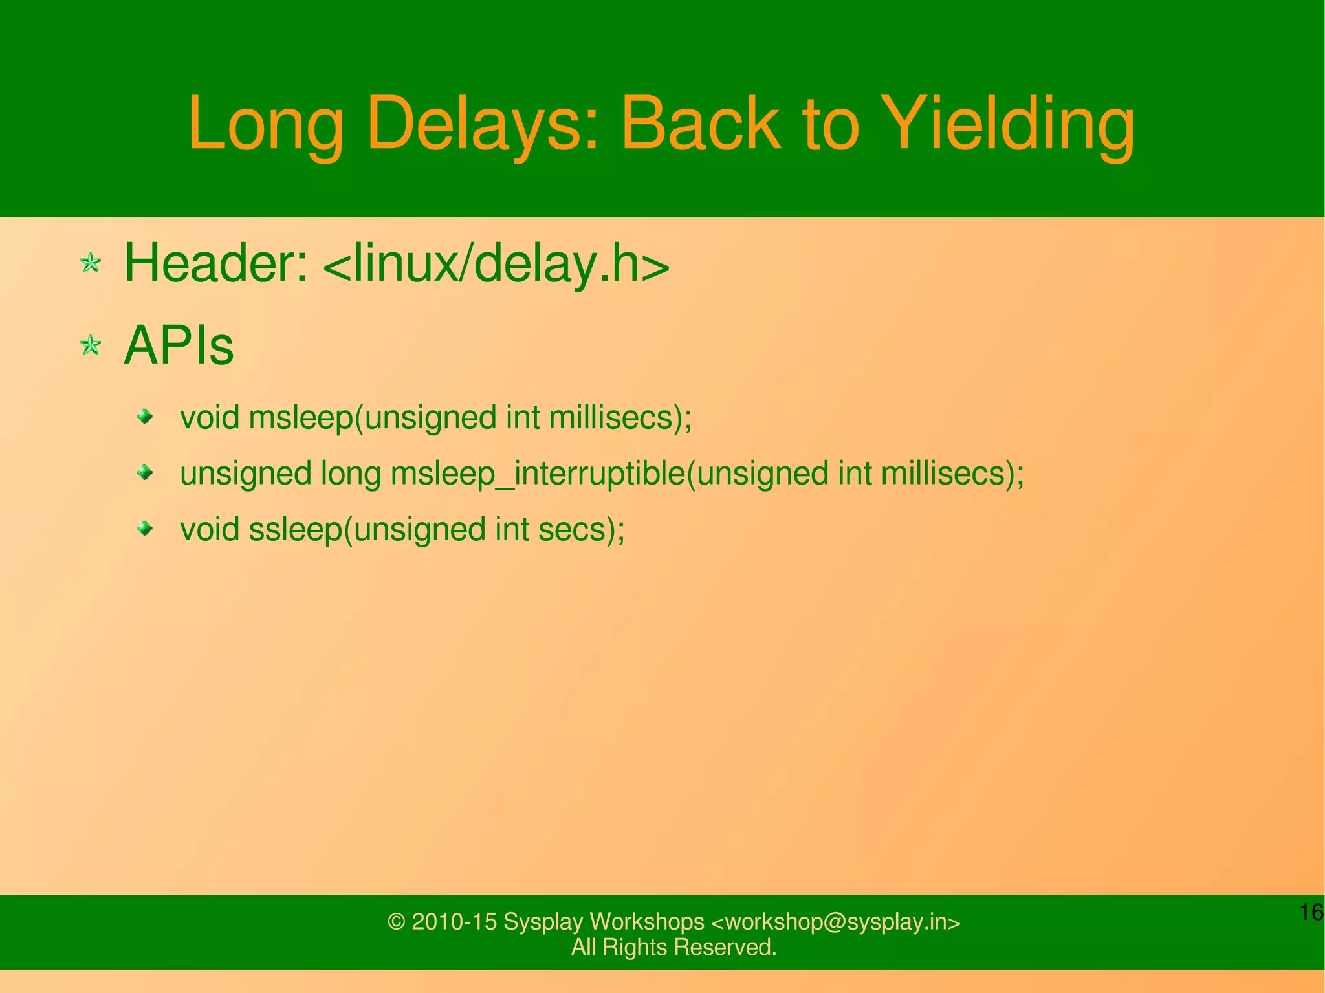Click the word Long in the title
(265, 125)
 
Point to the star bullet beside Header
(91, 263)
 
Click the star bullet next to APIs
(91, 345)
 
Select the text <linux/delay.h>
(495, 263)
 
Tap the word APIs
(179, 345)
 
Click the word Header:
(216, 263)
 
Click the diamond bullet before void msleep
(146, 417)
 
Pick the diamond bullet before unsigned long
(146, 474)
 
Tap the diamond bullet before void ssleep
(146, 530)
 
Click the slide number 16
(1311, 912)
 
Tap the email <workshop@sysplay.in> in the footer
(836, 922)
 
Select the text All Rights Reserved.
(673, 947)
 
